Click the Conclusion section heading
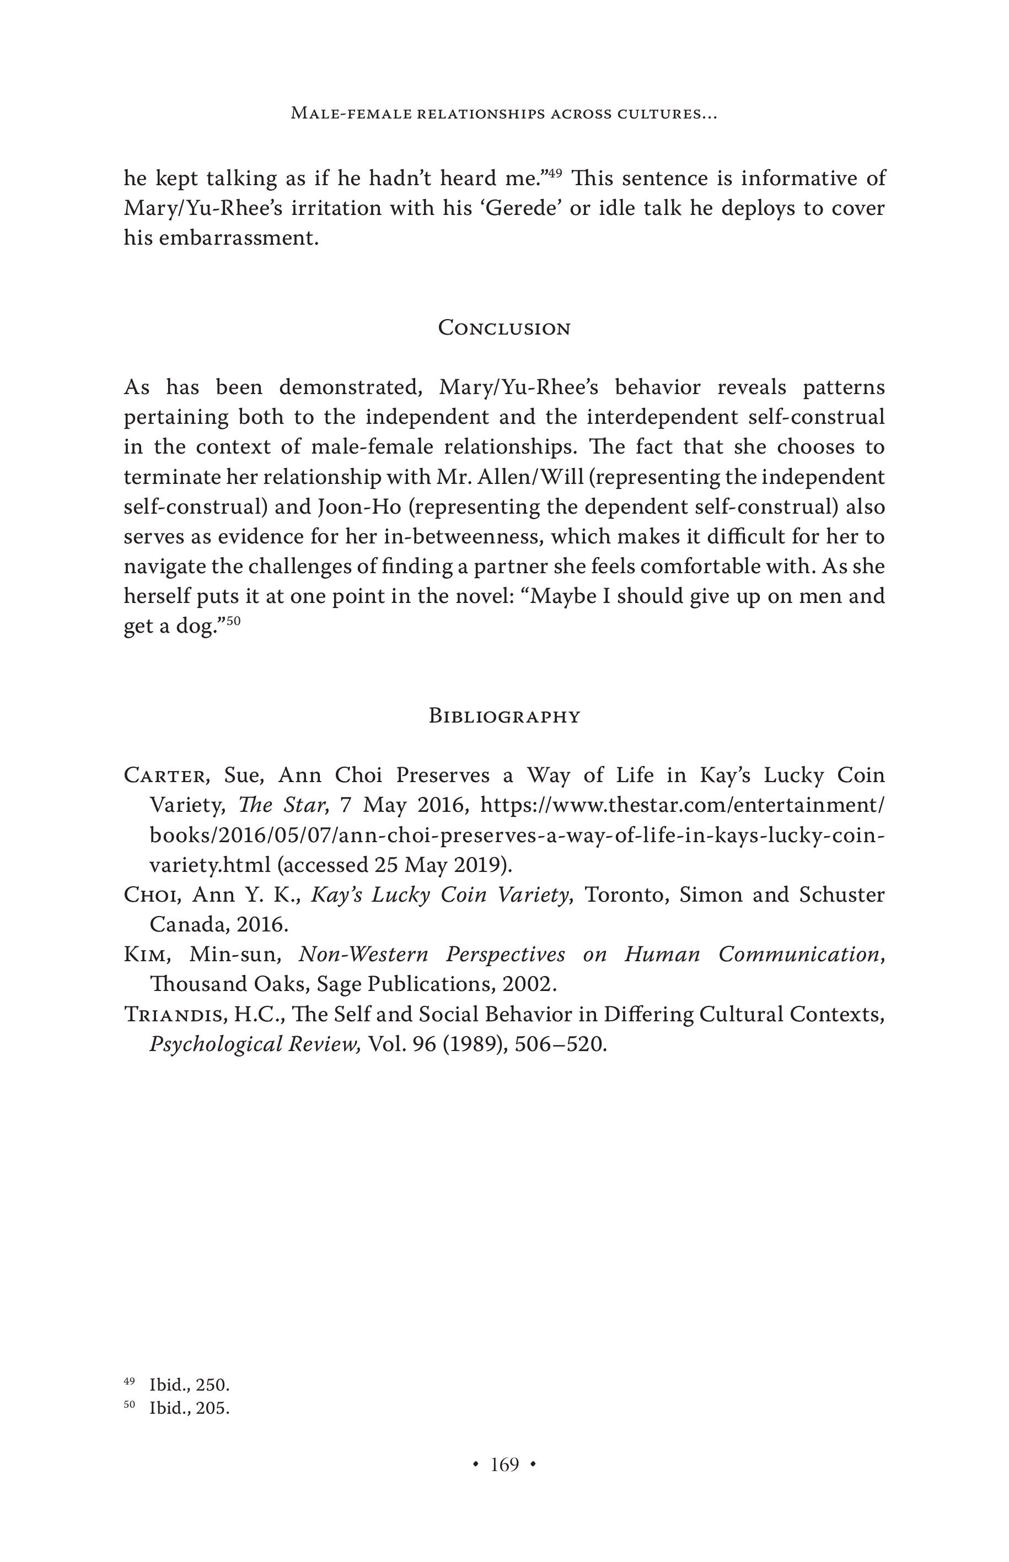[x=504, y=328]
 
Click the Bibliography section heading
[x=504, y=716]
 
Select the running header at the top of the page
[x=504, y=114]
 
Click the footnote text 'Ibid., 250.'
[x=189, y=1385]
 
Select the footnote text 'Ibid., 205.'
[x=189, y=1408]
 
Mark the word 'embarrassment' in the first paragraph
[x=239, y=238]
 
